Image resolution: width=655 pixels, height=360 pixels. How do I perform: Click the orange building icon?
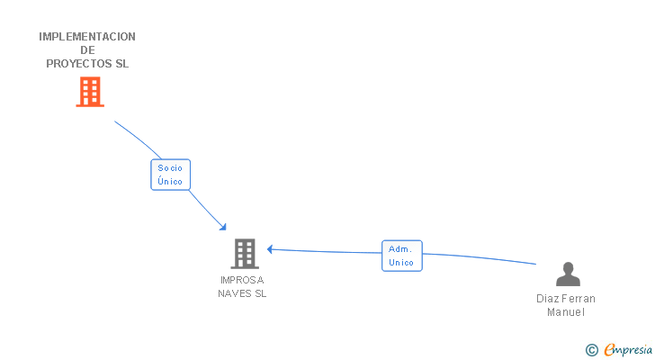tap(89, 92)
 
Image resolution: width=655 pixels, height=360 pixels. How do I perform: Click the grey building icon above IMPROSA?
tap(244, 254)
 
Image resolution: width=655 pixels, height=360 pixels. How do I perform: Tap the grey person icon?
tap(568, 274)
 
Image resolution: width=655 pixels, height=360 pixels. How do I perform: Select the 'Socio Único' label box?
tap(170, 175)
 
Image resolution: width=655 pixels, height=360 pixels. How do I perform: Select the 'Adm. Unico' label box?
tap(401, 256)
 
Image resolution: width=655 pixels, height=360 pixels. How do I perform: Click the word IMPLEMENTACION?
tap(87, 37)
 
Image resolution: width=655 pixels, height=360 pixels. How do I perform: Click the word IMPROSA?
tap(242, 280)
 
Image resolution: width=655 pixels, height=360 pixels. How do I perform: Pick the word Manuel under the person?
tap(566, 312)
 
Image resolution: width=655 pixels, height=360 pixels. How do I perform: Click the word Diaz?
tap(547, 299)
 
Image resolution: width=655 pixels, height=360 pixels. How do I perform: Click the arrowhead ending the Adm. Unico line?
tap(270, 249)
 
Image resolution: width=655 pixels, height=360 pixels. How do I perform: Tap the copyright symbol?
tap(591, 350)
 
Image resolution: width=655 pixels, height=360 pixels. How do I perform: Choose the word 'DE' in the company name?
tap(87, 50)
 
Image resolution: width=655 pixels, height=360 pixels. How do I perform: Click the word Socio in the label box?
tap(170, 167)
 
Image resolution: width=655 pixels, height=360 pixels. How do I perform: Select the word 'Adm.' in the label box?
tap(400, 248)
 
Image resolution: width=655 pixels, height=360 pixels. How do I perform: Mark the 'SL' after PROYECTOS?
tap(121, 64)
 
